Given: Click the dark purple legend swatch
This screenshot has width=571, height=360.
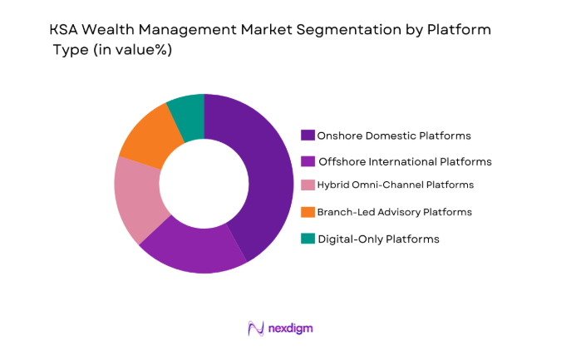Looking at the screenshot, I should (x=308, y=136).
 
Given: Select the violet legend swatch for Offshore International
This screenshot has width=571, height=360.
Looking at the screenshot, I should (x=308, y=161).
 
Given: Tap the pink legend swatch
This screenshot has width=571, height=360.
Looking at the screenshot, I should (x=308, y=185).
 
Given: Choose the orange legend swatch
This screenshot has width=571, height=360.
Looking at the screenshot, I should (x=308, y=212).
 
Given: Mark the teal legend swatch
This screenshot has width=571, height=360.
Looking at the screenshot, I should (x=308, y=239).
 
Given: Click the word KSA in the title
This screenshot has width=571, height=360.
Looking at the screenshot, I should (x=62, y=30).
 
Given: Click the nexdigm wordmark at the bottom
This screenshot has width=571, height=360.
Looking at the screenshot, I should (x=291, y=328).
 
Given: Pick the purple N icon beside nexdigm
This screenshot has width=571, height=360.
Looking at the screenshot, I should (x=256, y=328).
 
